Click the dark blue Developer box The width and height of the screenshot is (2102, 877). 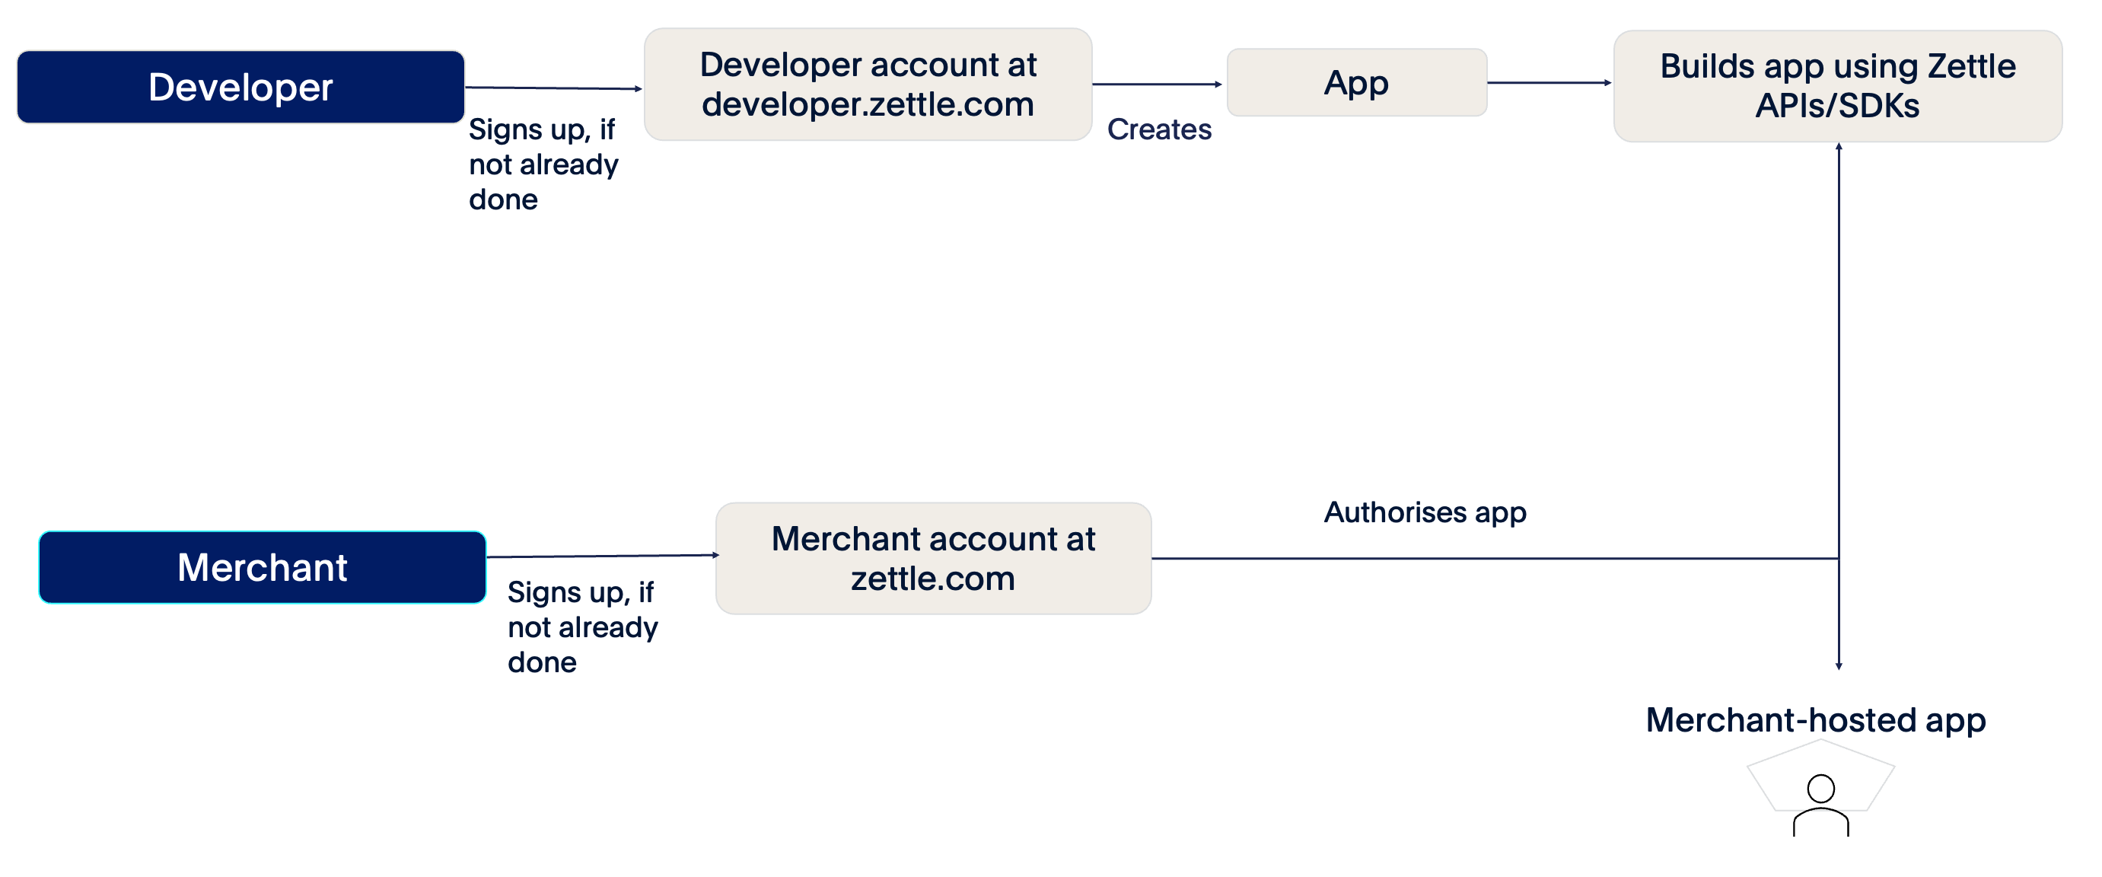tap(240, 88)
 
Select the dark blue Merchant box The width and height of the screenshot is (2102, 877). tap(262, 567)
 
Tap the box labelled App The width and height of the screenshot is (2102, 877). tap(1356, 82)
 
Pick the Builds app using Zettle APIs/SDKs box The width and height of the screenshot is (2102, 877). tap(1837, 87)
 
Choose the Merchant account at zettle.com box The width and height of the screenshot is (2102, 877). tap(933, 559)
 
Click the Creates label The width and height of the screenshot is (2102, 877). tap(1159, 129)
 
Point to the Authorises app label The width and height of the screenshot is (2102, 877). tap(1424, 512)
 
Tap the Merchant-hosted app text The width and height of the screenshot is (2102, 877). tap(1816, 719)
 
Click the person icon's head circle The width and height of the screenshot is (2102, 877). tap(1820, 789)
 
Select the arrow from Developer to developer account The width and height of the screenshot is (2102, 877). tap(553, 88)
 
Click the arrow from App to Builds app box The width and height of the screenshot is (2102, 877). tap(1548, 82)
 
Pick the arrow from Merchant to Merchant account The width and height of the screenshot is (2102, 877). tap(601, 556)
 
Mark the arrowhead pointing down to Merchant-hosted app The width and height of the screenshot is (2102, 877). tap(1839, 666)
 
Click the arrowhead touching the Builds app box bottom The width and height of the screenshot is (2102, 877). tap(1839, 147)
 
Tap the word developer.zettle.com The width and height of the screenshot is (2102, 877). tap(868, 104)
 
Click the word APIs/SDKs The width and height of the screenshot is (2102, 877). tap(1837, 106)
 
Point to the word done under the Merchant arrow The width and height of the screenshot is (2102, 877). tap(542, 662)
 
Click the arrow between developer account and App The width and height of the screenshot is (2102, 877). tap(1156, 84)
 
